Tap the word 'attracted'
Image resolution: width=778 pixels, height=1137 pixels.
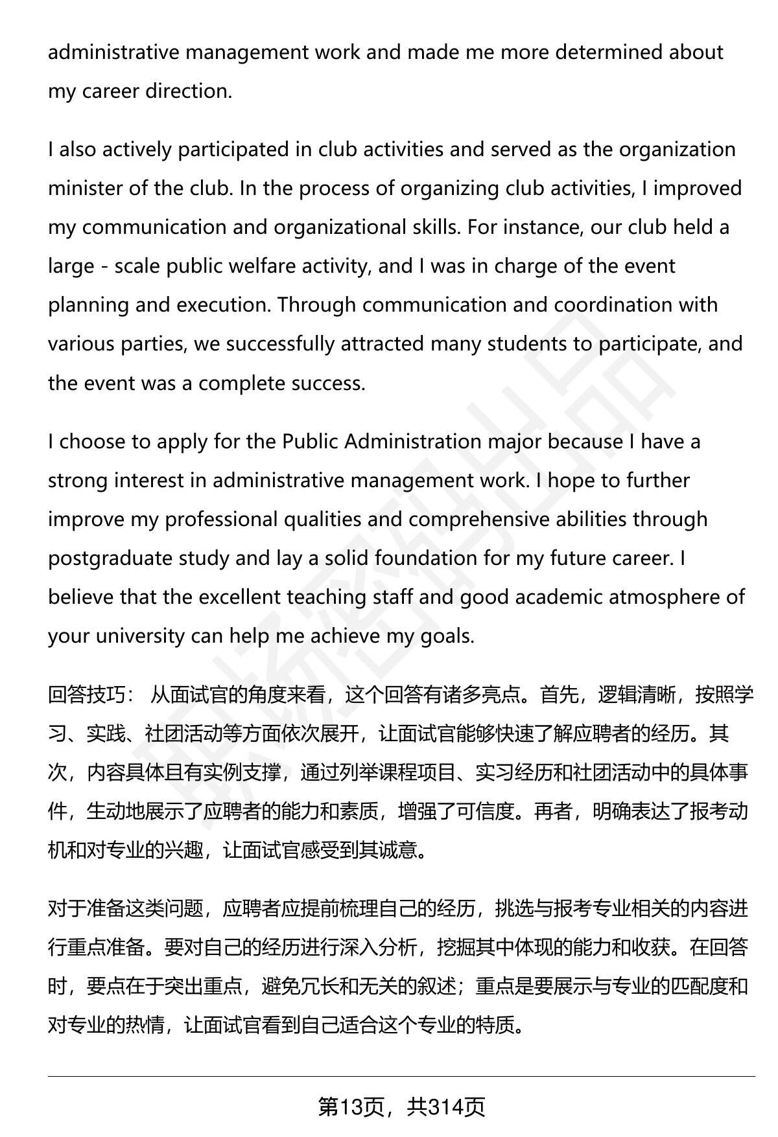coord(383,343)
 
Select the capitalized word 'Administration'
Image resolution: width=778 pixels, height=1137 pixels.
coord(412,441)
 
